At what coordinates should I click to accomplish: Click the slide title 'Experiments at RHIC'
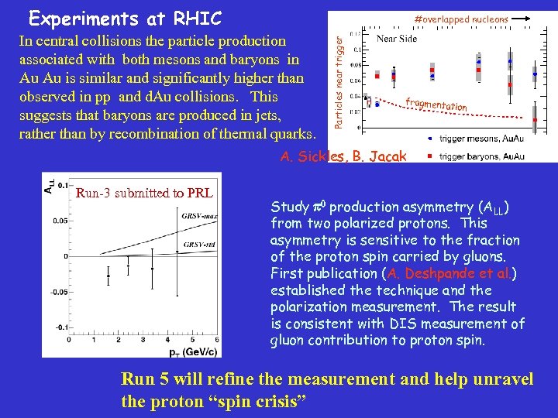(x=124, y=18)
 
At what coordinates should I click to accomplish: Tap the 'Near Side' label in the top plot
(x=396, y=38)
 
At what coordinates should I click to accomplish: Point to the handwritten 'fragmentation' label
(x=436, y=104)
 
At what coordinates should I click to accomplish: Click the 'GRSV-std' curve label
(x=194, y=245)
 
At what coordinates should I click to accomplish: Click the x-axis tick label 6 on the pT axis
(x=216, y=339)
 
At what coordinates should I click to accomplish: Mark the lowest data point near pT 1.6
(x=108, y=276)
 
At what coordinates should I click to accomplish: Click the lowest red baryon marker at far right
(x=535, y=120)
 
